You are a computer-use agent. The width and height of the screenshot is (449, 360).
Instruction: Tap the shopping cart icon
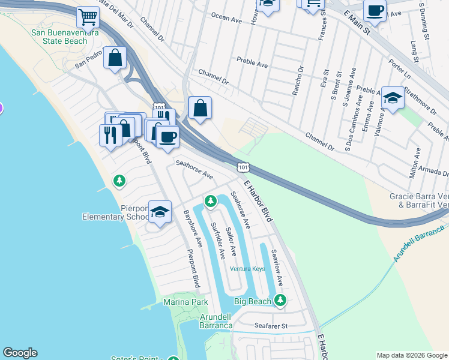(88, 17)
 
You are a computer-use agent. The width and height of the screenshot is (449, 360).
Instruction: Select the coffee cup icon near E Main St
(375, 11)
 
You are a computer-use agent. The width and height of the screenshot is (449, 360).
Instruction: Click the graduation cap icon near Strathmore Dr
(392, 98)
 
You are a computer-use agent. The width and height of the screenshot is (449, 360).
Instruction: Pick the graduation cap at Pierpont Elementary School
(160, 212)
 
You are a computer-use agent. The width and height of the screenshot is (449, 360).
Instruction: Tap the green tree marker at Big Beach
(280, 301)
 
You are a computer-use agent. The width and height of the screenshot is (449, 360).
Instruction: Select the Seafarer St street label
(271, 326)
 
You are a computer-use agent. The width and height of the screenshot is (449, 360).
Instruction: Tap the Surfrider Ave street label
(217, 241)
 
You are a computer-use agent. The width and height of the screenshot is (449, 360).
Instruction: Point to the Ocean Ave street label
(226, 19)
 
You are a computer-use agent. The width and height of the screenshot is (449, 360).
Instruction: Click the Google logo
(20, 353)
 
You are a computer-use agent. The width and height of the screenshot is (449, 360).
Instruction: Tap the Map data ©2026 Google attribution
(411, 355)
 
